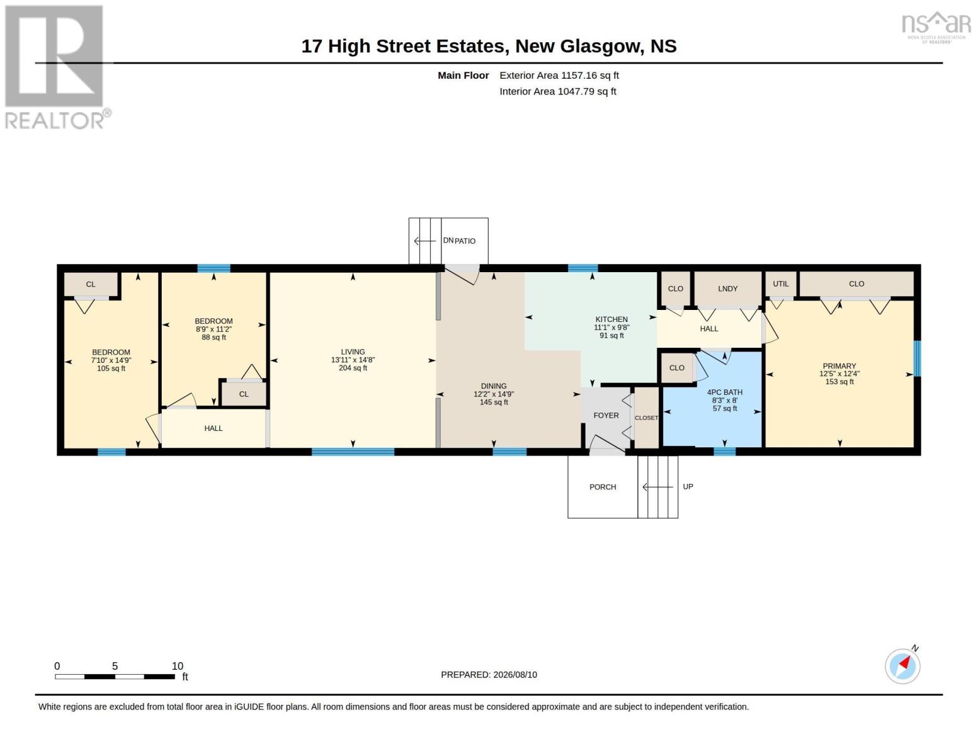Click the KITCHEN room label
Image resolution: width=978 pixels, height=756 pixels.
point(611,319)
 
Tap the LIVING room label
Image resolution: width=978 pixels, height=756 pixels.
point(353,352)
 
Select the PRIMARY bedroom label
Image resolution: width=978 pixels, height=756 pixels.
point(839,365)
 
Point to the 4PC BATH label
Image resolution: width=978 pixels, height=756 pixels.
point(724,392)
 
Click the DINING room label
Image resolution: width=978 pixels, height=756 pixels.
point(493,386)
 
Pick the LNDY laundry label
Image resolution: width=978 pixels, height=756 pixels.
point(727,288)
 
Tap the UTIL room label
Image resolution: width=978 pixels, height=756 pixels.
point(780,283)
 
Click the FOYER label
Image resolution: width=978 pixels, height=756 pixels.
point(606,415)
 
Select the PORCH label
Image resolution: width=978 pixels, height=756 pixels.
point(603,486)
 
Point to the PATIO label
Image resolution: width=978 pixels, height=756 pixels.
point(465,241)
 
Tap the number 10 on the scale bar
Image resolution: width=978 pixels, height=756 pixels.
point(178,665)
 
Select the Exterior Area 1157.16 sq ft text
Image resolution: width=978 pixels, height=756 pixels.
point(559,75)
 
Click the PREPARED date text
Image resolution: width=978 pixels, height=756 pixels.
point(489,674)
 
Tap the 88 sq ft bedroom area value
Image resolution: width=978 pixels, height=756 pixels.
point(213,337)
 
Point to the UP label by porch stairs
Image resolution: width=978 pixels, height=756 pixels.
point(688,486)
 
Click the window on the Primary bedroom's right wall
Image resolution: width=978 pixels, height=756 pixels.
point(917,358)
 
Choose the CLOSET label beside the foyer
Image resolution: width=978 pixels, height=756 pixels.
point(646,418)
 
